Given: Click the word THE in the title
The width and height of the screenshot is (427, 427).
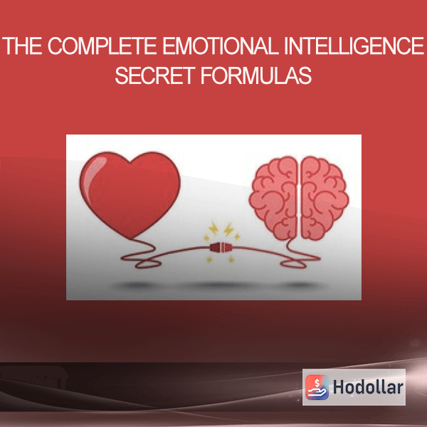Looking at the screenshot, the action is (22, 46).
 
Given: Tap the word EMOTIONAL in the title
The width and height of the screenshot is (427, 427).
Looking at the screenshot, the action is (221, 46).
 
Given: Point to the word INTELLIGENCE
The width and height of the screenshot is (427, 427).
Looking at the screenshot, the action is (354, 46).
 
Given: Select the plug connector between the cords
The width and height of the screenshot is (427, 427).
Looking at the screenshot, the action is (221, 247).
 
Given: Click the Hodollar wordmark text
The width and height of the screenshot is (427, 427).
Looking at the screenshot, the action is (368, 387).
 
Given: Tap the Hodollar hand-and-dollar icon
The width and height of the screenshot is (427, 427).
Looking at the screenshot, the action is (317, 387).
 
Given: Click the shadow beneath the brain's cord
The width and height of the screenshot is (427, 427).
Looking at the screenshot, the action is (300, 285).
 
